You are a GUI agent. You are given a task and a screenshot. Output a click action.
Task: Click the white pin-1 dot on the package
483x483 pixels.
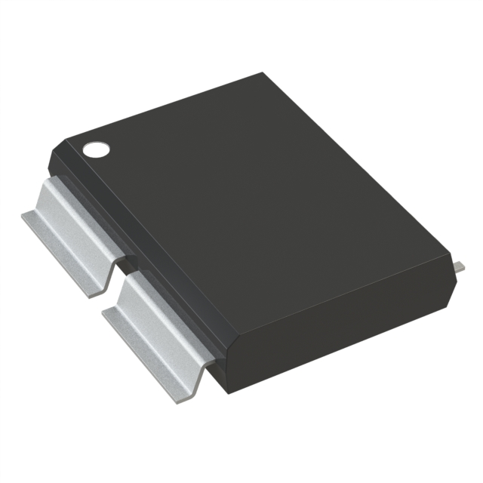point(96,149)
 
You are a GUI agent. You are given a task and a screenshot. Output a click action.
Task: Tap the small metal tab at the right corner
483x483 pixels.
point(459,266)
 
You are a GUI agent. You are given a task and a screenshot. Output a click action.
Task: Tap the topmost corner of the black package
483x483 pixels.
point(263,72)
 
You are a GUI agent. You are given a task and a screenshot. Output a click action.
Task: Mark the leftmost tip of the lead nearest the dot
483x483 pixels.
point(23,215)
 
